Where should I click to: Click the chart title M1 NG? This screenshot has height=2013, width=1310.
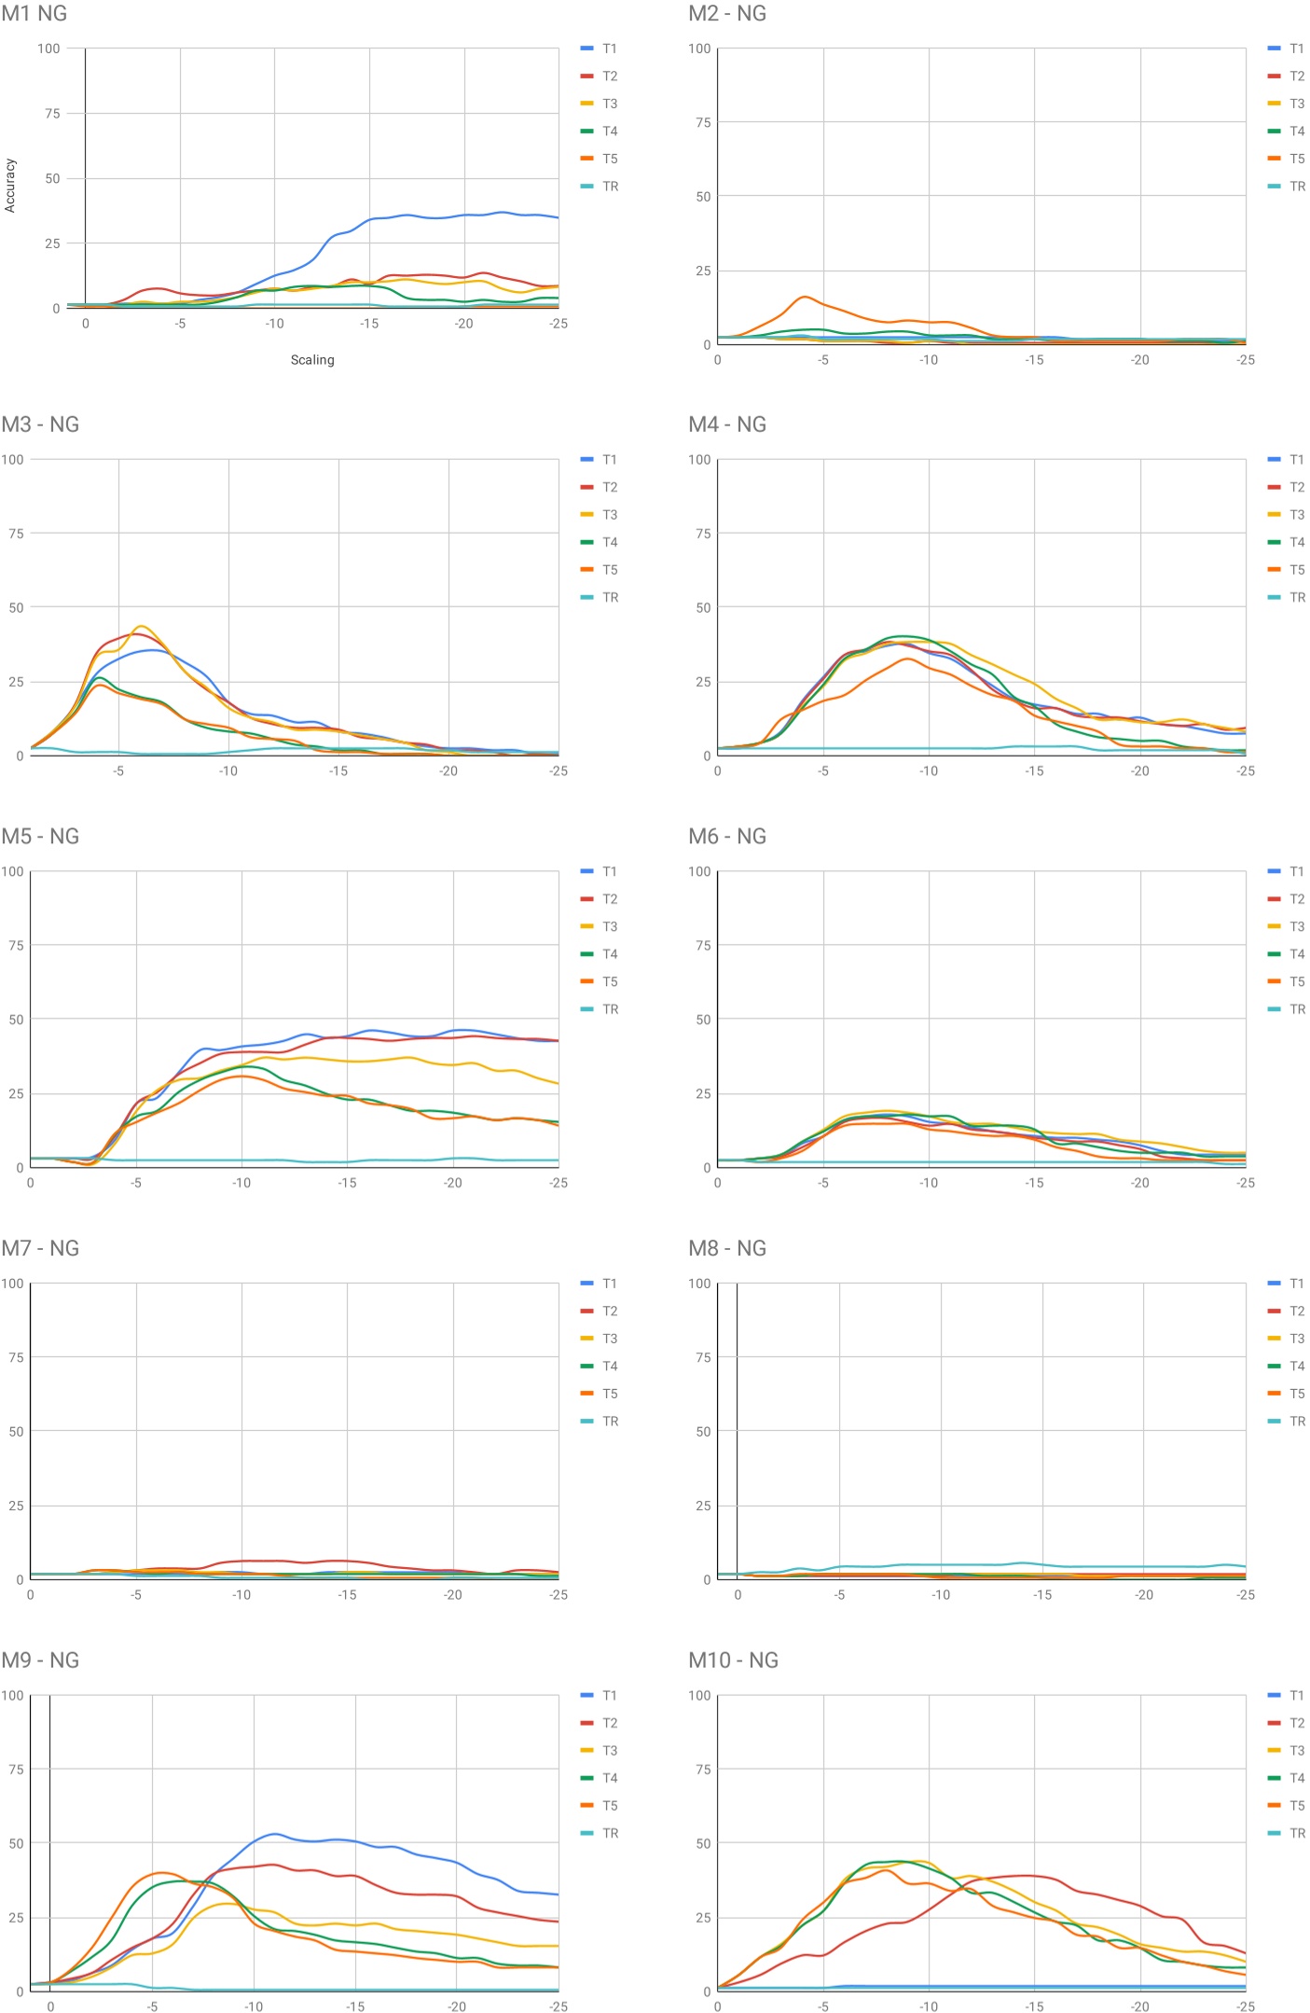tap(34, 13)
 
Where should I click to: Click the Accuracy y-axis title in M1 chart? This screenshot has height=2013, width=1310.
tap(10, 185)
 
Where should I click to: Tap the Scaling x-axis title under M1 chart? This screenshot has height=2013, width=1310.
tap(311, 360)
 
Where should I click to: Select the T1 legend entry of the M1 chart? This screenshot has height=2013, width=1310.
tap(599, 49)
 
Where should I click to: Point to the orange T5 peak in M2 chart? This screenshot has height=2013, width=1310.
tap(804, 298)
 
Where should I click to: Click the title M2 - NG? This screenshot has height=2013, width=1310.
tap(727, 13)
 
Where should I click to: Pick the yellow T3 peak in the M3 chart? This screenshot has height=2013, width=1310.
tap(141, 627)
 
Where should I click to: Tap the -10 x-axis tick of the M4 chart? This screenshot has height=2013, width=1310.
tap(929, 771)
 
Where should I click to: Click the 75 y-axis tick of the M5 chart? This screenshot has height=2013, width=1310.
tap(16, 945)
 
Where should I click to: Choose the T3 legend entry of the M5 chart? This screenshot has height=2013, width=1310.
tap(599, 926)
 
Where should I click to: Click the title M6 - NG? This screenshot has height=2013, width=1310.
tap(727, 837)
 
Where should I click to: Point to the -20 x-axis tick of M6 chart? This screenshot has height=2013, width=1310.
tap(1139, 1183)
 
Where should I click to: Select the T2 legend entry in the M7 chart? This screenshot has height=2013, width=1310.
tap(599, 1311)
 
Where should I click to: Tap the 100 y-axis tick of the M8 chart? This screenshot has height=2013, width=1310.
tap(699, 1284)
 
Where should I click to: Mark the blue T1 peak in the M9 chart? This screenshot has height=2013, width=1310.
tap(273, 1834)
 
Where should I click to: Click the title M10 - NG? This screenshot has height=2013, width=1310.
tap(733, 1660)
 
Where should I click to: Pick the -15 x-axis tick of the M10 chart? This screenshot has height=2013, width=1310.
tap(1034, 2006)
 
